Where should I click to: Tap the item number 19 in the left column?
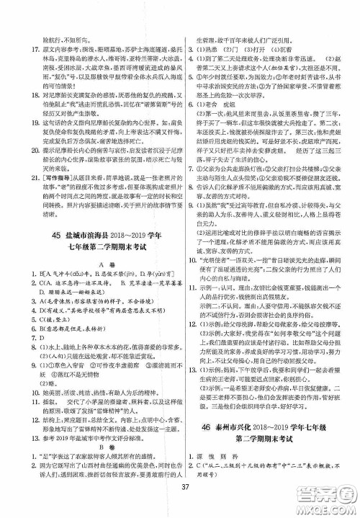26,134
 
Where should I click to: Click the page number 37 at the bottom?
179,502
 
